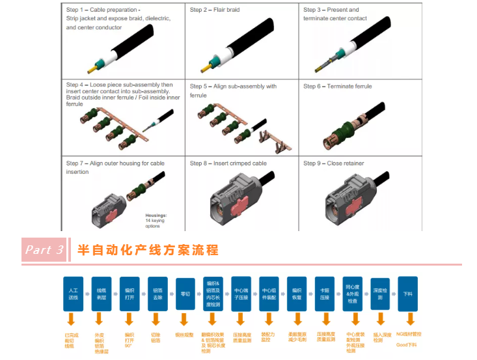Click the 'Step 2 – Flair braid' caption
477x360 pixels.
[215, 10]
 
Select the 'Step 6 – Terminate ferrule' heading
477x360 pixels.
[337, 86]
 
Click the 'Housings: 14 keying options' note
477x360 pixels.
[156, 219]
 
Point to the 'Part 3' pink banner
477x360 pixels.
[44, 250]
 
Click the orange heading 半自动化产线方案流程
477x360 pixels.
[148, 250]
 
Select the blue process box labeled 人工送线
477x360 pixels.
[74, 293]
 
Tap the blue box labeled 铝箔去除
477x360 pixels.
[156, 293]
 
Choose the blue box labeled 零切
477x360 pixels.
[185, 293]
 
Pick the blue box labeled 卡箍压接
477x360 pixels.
[324, 293]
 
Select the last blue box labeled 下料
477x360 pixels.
[408, 293]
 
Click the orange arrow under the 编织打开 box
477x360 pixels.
[129, 320]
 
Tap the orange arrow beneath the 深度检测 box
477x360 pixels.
[380, 320]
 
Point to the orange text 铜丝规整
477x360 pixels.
[184, 335]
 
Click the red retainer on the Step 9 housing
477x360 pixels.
[351, 199]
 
